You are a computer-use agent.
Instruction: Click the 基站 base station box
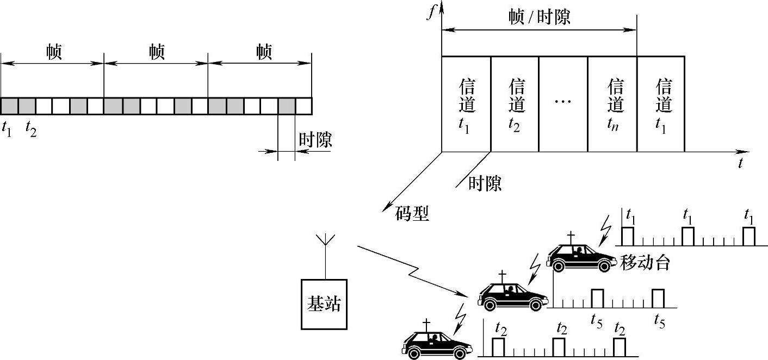324,305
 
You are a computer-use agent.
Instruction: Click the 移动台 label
645,264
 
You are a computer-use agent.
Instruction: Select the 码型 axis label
412,214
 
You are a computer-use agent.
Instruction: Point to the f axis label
431,13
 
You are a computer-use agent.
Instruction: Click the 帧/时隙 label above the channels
538,18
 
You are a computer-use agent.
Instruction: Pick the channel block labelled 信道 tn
612,103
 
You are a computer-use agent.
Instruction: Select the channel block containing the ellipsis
563,103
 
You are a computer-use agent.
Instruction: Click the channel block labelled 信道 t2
515,103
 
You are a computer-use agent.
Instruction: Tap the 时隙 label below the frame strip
315,140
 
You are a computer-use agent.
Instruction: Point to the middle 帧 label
157,53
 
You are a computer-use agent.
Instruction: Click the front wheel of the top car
604,265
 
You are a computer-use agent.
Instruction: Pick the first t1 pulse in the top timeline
628,236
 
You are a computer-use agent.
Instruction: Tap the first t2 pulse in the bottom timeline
498,347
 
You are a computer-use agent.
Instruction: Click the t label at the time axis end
740,163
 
